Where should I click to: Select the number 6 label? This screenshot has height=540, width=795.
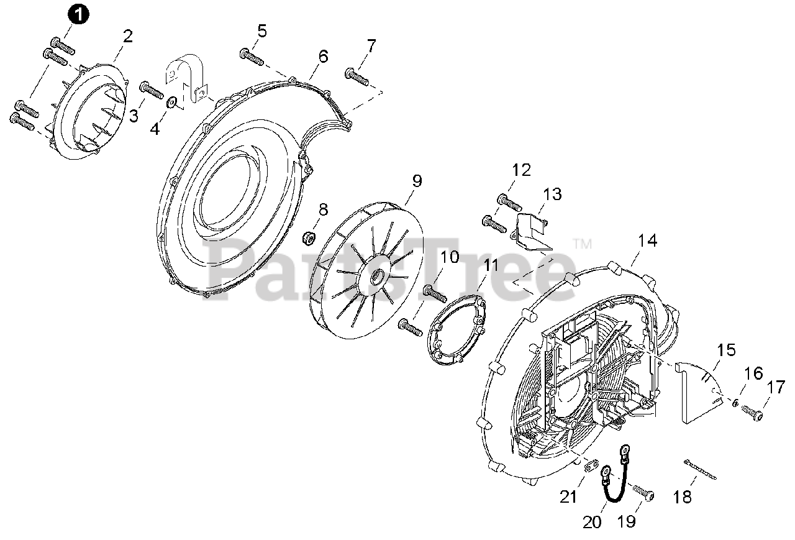point(323,56)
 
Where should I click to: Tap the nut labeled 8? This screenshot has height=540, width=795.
point(307,237)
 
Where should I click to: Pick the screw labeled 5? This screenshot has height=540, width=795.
point(252,57)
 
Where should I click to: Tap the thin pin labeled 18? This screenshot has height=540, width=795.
point(701,470)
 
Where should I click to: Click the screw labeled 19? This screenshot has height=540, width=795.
point(644,493)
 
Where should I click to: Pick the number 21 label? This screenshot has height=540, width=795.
point(569,497)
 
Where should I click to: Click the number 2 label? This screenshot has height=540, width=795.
point(128,35)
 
